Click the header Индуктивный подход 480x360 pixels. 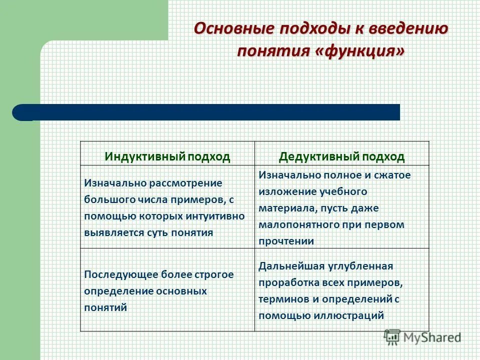pyautogui.click(x=167, y=156)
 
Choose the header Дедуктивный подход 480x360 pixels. pyautogui.click(x=341, y=156)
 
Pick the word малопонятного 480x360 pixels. pyautogui.click(x=292, y=224)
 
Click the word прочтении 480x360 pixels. pyautogui.click(x=286, y=241)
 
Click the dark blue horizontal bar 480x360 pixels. pyautogui.click(x=210, y=112)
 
